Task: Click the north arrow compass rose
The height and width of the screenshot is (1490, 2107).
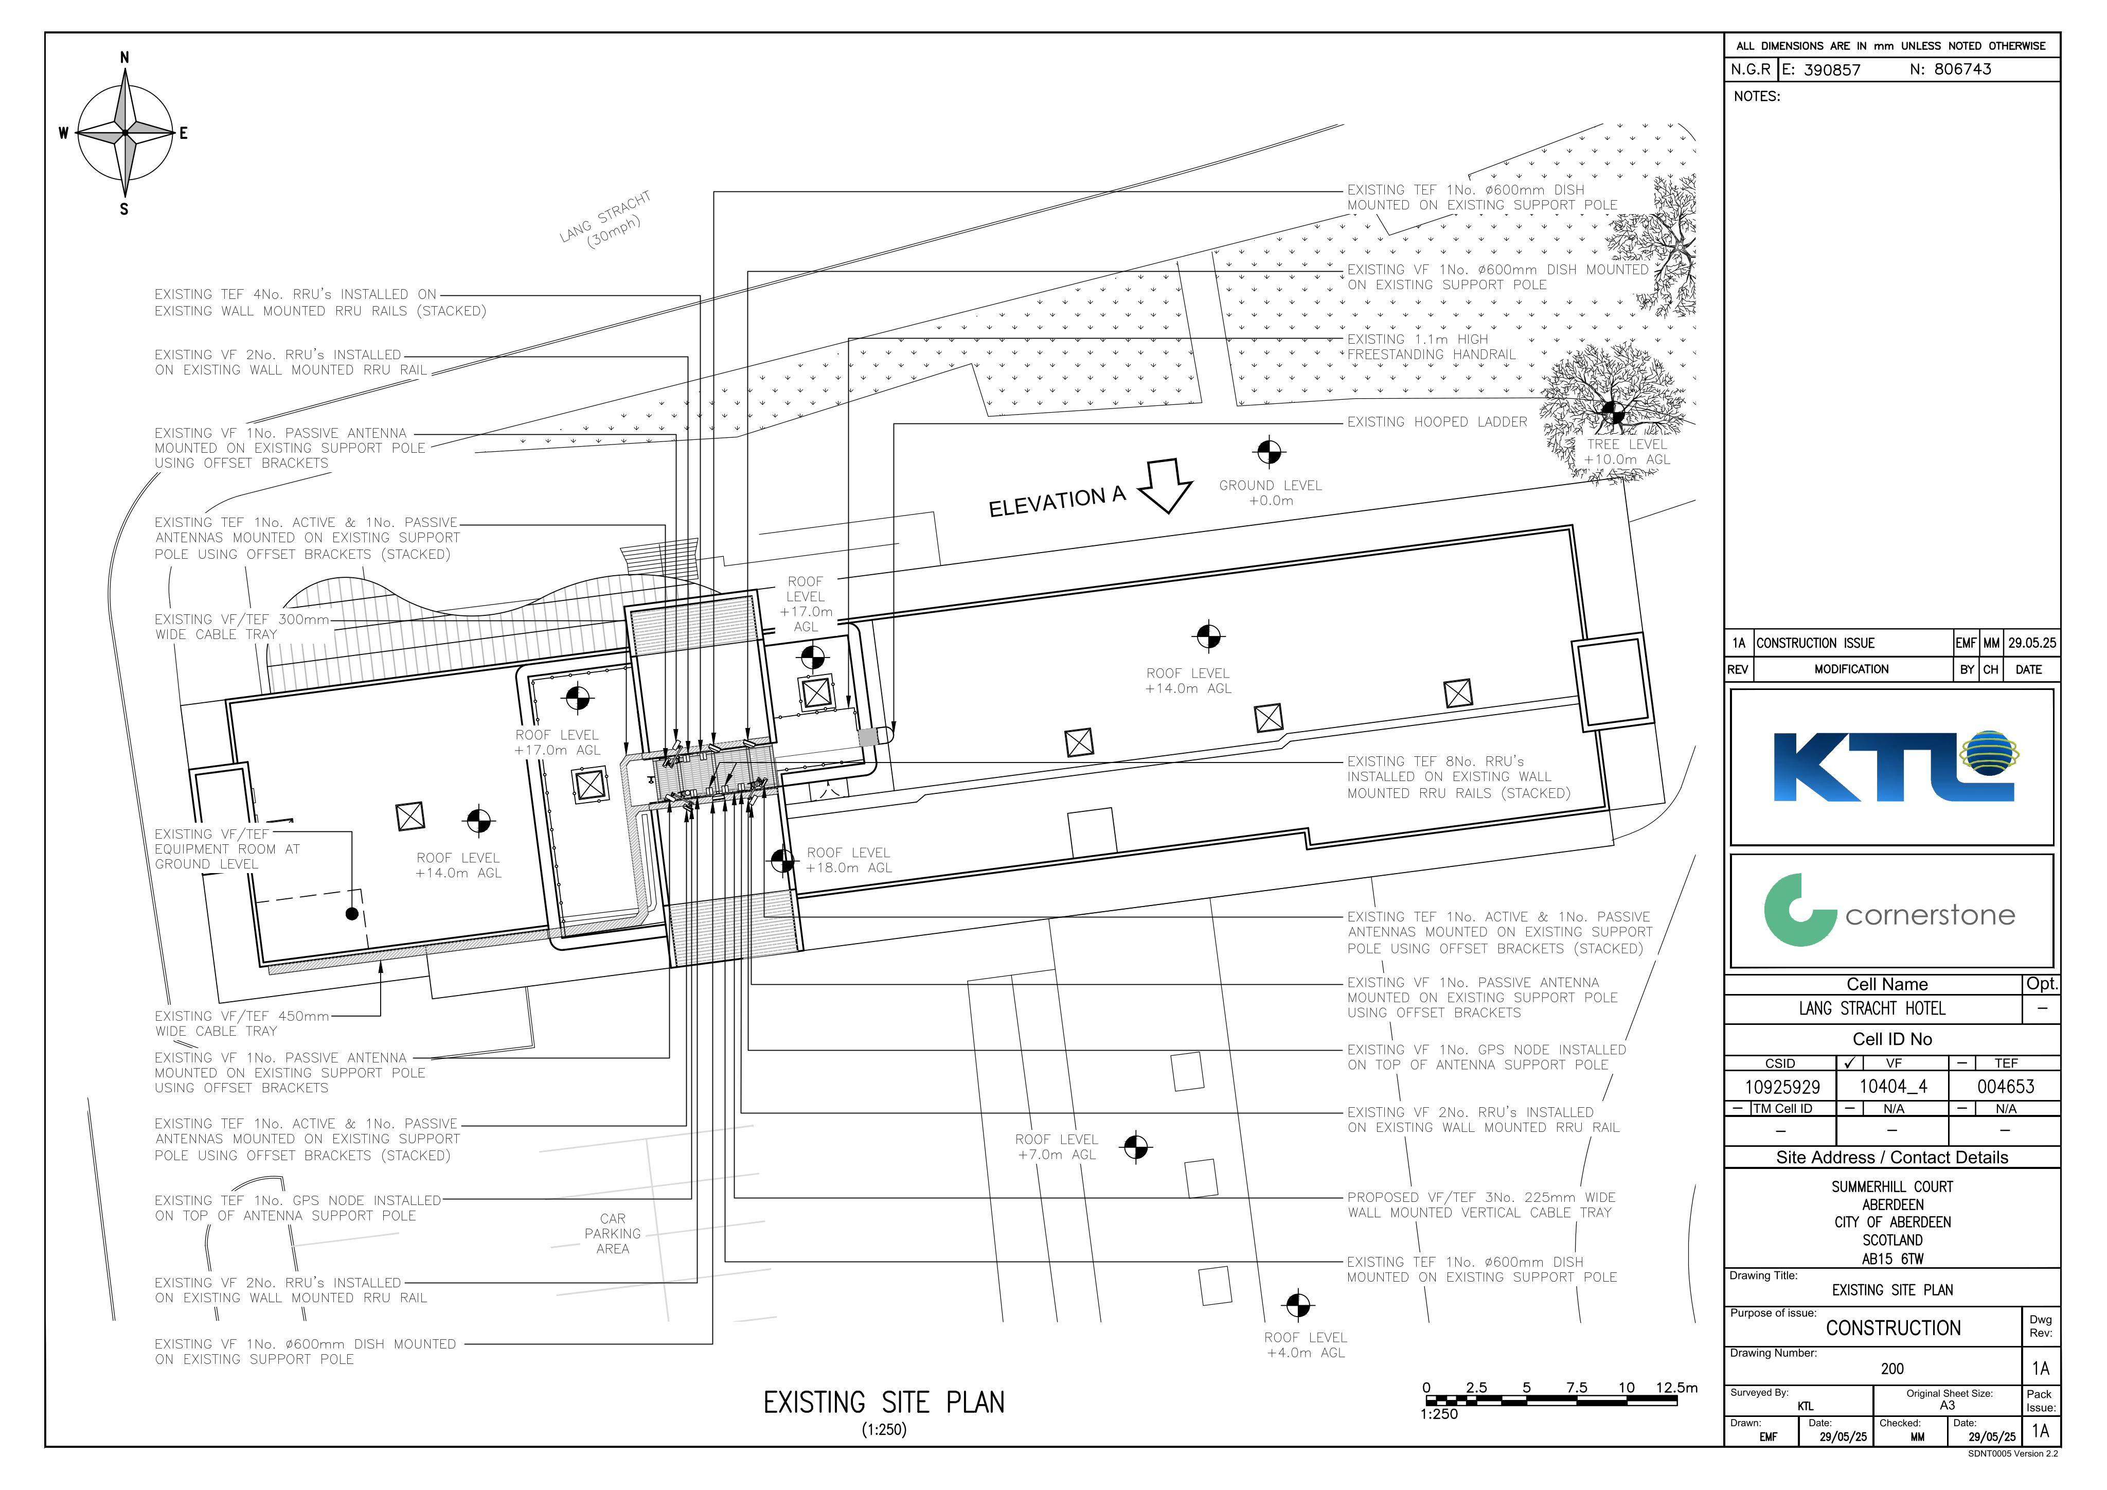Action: tap(125, 133)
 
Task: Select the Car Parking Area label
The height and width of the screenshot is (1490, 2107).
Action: tap(613, 1234)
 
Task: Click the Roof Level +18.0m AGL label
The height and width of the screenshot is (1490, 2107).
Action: tap(849, 860)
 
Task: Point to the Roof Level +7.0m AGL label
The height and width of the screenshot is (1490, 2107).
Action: tap(1056, 1147)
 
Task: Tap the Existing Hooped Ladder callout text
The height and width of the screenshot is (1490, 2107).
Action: tap(1437, 422)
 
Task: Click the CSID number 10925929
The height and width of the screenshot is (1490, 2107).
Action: tap(1782, 1087)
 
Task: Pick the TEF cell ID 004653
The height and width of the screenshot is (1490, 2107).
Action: tap(2006, 1087)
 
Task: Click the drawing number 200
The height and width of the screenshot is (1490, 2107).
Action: tap(1892, 1369)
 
